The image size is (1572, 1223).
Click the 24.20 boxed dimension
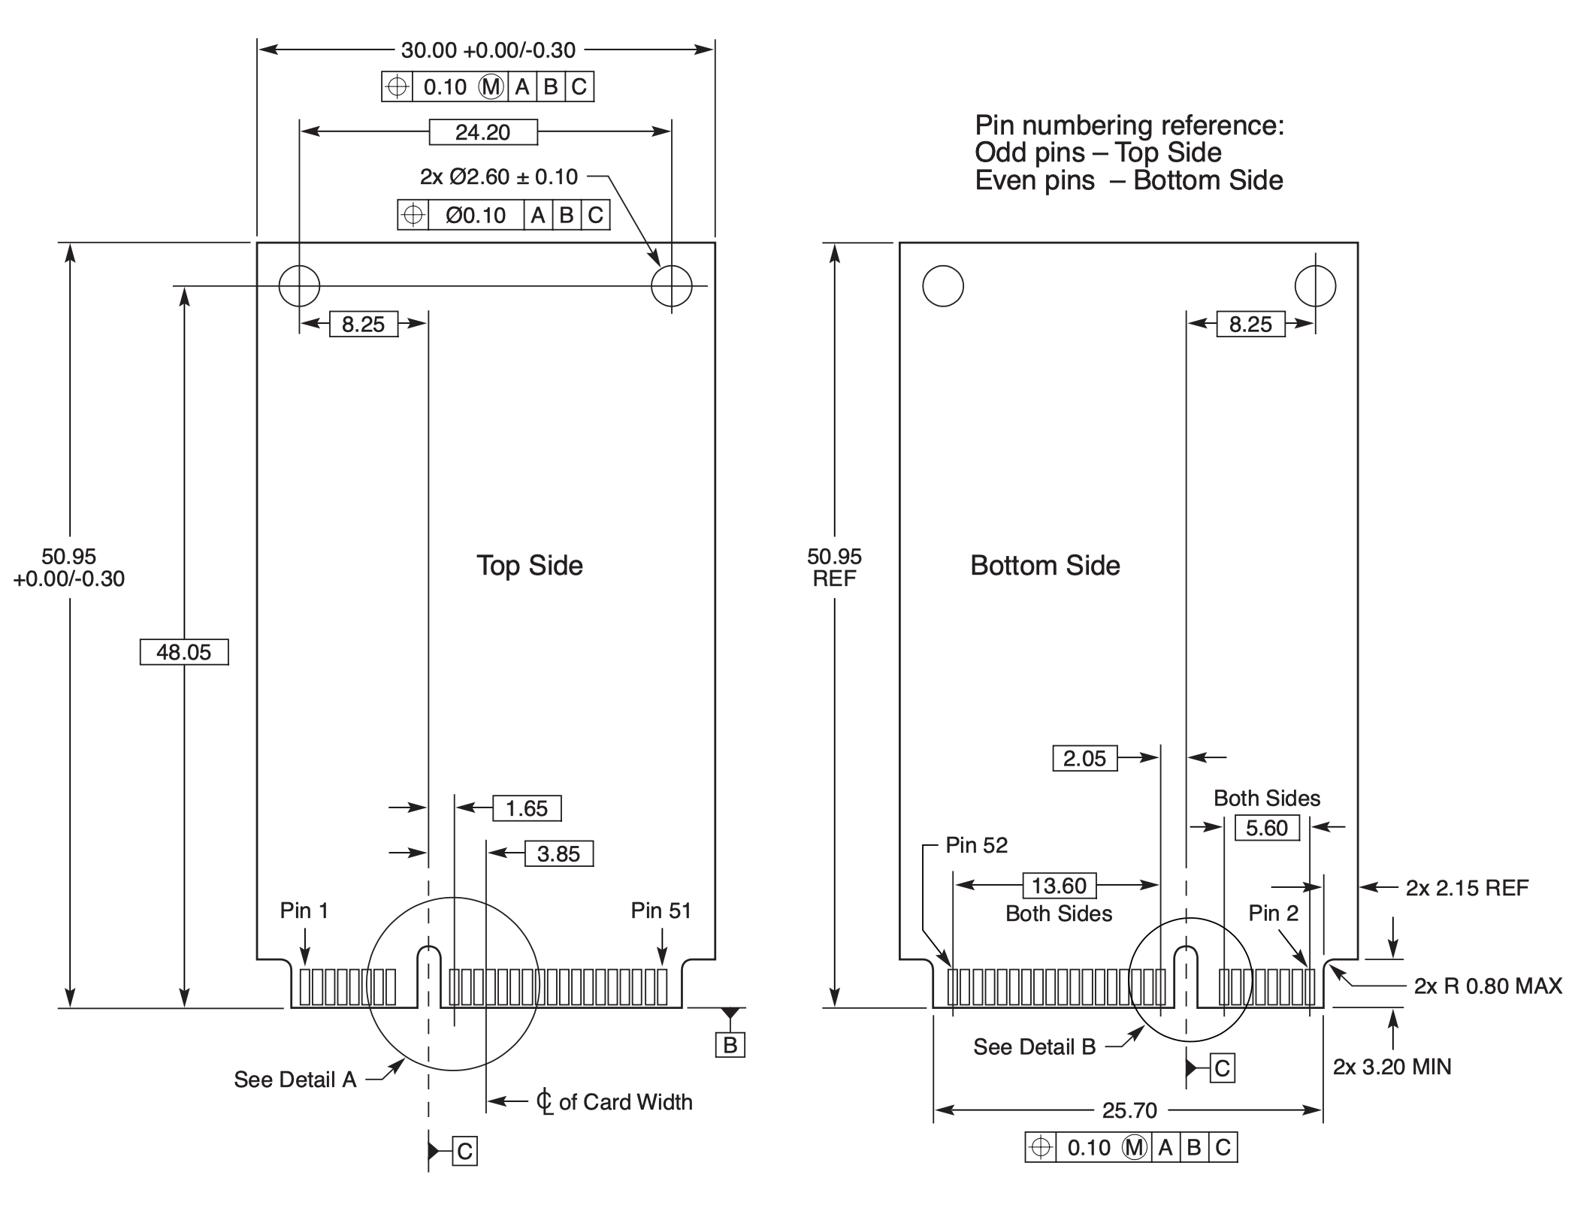pos(482,132)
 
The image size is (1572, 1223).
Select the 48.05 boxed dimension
pos(184,652)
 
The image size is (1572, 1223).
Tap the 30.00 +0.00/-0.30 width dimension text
pos(488,50)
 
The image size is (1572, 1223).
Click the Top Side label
pos(530,566)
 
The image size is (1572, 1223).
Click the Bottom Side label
pos(1044,566)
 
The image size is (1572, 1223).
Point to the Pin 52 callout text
pos(976,845)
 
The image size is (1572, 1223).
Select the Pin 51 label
pos(661,910)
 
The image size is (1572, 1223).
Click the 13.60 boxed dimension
pos(1059,886)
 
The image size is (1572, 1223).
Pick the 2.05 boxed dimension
pos(1084,758)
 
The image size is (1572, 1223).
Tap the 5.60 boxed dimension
pos(1267,828)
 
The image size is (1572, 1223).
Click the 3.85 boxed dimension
pos(558,853)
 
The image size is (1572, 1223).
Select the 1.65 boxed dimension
pos(527,808)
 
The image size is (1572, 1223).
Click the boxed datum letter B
pos(730,1045)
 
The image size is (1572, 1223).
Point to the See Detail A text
pos(295,1080)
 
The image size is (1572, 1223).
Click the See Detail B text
pos(1034,1046)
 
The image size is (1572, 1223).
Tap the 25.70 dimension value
pos(1129,1110)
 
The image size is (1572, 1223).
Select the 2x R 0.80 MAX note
pos(1487,986)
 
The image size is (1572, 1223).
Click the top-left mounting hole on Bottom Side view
pos(942,286)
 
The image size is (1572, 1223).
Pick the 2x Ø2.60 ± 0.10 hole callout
pos(499,177)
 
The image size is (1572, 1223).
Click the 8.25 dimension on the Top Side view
pos(363,325)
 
